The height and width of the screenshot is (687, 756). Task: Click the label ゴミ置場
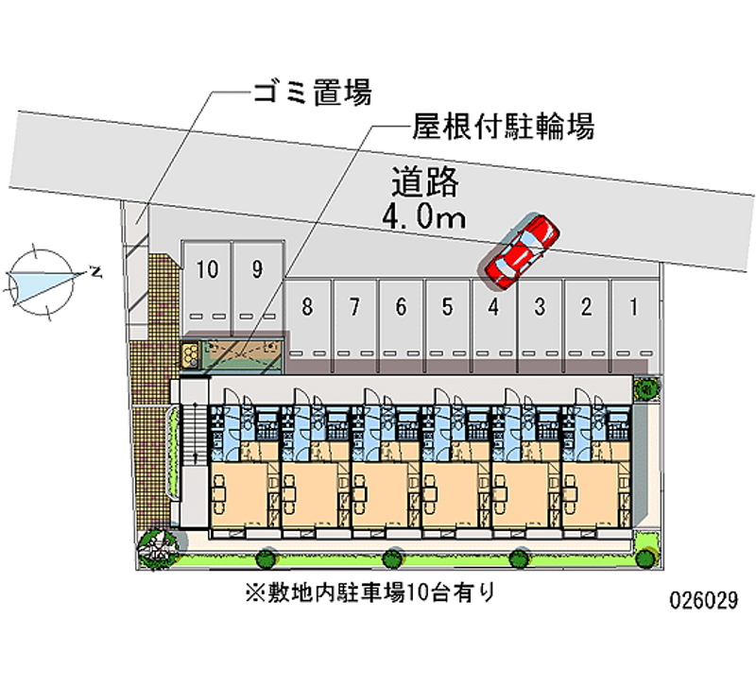[311, 93]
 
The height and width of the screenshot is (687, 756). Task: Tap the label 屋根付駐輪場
[502, 127]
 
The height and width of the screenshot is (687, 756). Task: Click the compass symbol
[43, 280]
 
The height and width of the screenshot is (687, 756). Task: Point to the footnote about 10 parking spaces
[369, 593]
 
